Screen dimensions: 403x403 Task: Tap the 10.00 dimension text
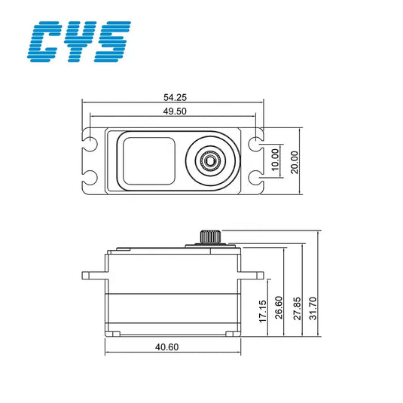(x=275, y=159)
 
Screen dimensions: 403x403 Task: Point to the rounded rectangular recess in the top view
(x=148, y=160)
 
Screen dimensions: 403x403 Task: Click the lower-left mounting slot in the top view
(x=91, y=178)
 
